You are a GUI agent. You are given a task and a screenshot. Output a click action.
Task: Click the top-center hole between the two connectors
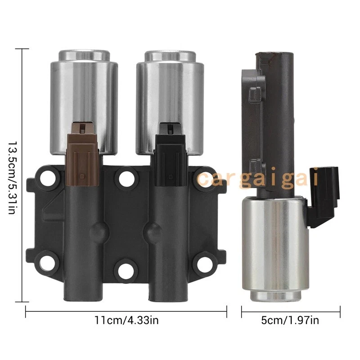click(x=126, y=179)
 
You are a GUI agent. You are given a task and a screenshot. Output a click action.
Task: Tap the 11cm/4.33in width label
click(x=126, y=320)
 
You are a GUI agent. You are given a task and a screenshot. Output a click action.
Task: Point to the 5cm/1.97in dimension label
click(x=291, y=320)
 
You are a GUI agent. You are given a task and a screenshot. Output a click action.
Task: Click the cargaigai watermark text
click(x=259, y=178)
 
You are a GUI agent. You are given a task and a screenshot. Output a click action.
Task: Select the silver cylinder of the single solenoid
click(x=276, y=247)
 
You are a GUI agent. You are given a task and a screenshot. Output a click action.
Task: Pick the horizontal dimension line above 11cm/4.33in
click(x=126, y=310)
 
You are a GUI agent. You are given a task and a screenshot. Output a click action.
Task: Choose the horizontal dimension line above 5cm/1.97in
click(x=291, y=310)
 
